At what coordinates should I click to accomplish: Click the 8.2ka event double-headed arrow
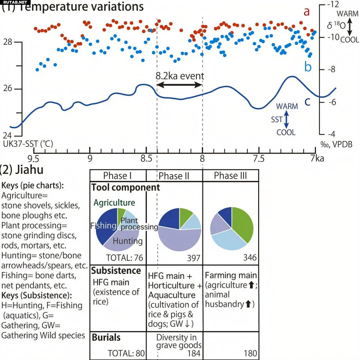click(179, 85)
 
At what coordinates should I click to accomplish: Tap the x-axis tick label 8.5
click(146, 159)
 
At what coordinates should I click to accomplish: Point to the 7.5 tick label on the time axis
click(259, 159)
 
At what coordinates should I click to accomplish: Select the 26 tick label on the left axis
click(8, 88)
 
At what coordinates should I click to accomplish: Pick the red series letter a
click(307, 12)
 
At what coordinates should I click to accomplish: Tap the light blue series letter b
click(308, 67)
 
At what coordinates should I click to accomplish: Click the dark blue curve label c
click(308, 102)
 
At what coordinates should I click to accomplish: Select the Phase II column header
click(174, 176)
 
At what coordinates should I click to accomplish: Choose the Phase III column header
click(230, 176)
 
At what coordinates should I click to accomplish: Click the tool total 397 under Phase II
click(193, 258)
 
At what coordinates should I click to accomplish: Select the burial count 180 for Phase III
click(250, 353)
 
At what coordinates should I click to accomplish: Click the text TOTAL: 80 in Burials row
click(126, 353)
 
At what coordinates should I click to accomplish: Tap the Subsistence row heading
click(116, 271)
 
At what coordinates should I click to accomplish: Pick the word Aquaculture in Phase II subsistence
click(172, 295)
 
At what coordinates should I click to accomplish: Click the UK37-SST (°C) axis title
click(28, 144)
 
